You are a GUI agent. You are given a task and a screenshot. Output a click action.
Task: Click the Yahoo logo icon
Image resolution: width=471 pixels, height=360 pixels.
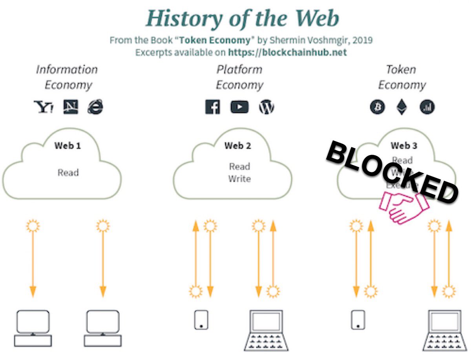(44, 107)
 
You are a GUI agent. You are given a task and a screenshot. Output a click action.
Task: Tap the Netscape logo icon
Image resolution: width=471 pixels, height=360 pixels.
(71, 107)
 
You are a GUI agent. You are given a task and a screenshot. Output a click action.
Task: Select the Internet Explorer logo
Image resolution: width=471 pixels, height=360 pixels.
(95, 107)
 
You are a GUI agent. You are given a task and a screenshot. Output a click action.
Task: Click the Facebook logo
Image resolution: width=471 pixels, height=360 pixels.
(213, 107)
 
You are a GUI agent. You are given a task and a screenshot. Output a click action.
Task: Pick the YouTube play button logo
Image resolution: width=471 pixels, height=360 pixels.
(239, 107)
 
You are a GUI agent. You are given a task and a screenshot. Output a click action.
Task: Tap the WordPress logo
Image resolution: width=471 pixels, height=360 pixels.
(267, 107)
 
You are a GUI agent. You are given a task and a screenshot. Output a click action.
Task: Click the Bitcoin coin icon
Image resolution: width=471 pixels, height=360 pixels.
(378, 107)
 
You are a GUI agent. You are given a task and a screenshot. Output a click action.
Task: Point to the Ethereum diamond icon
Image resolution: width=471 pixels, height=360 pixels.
(402, 107)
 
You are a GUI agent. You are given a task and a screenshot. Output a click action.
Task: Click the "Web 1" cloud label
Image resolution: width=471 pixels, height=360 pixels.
(68, 146)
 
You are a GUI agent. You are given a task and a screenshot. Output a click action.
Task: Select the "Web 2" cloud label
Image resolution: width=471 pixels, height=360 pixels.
(237, 146)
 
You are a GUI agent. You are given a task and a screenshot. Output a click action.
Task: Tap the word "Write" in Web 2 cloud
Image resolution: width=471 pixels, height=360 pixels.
(239, 179)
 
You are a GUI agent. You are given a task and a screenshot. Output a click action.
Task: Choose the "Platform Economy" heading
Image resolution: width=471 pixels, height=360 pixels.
(239, 77)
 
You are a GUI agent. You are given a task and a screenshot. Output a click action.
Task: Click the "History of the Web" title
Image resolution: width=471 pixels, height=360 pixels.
(242, 18)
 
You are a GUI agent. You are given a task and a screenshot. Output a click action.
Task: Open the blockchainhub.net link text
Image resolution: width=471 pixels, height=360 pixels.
(287, 52)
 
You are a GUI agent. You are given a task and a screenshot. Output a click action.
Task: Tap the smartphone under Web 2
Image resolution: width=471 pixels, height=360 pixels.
(201, 320)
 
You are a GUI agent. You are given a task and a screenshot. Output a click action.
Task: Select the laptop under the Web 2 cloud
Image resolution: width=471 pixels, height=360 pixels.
(266, 330)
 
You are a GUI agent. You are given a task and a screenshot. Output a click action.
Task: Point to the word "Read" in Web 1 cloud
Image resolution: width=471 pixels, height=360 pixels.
(68, 173)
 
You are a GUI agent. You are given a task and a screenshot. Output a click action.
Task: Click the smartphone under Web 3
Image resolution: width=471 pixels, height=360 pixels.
(358, 320)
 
